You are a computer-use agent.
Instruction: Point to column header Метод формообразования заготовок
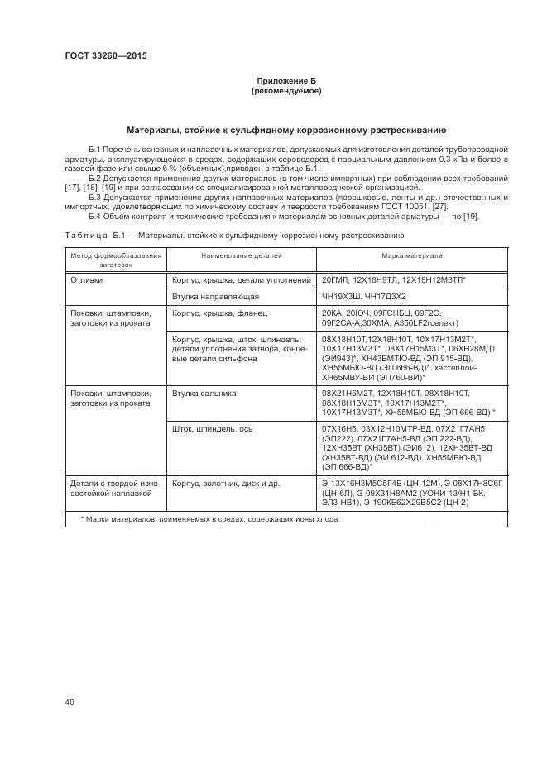click(115, 261)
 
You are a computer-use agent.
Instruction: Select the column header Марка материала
click(411, 256)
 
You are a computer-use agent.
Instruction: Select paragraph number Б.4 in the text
click(94, 217)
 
